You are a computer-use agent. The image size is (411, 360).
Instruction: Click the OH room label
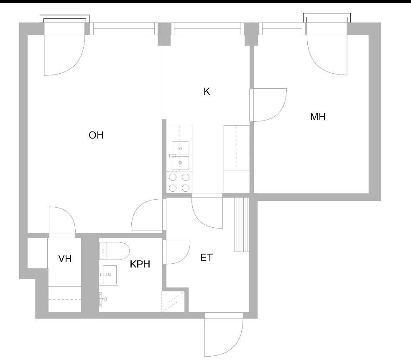click(96, 135)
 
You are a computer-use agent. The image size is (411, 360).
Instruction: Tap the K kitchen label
click(207, 92)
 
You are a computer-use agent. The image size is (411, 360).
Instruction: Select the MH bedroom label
click(318, 117)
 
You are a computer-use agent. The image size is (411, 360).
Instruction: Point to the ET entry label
click(207, 257)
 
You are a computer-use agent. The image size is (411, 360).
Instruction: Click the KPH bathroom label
click(140, 264)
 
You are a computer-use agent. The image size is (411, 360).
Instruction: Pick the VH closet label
click(65, 259)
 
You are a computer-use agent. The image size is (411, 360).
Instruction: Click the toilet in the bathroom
click(114, 251)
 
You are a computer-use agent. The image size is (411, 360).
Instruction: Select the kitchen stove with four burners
click(179, 183)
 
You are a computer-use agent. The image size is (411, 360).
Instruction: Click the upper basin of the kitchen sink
click(180, 148)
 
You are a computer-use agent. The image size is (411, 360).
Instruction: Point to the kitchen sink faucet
click(173, 156)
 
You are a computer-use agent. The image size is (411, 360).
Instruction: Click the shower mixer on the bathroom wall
click(103, 299)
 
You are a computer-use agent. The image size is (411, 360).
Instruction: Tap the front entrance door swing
click(224, 334)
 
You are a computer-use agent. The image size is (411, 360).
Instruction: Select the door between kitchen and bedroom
click(268, 105)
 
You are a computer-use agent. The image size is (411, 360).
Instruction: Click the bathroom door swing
click(176, 252)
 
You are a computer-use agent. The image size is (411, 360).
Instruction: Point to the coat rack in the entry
click(242, 225)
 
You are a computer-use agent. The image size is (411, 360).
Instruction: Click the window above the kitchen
click(207, 28)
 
